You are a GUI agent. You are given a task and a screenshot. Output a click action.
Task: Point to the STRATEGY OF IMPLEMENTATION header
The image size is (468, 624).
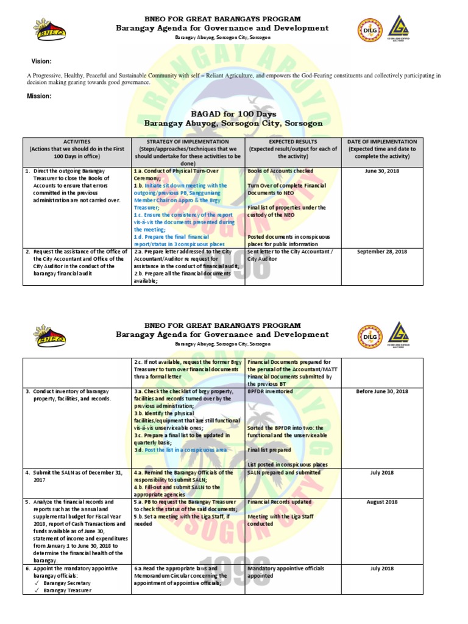(188, 141)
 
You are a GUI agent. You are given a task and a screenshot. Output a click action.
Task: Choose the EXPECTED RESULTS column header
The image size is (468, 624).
(293, 141)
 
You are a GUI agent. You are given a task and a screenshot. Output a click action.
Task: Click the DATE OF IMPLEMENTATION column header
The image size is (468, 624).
(382, 141)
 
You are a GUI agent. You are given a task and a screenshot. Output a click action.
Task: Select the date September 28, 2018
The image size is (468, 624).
(382, 251)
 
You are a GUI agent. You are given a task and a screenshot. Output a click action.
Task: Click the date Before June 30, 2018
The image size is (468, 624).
(382, 391)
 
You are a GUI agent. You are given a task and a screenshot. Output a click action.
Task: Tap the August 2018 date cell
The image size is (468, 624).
(382, 502)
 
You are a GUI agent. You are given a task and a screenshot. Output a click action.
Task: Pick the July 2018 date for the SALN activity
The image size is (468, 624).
(382, 473)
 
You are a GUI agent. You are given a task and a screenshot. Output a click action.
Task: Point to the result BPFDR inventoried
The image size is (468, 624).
(270, 391)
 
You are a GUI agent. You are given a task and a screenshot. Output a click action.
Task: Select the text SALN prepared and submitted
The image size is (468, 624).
(283, 473)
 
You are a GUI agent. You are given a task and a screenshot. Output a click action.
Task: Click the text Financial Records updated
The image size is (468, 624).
(278, 502)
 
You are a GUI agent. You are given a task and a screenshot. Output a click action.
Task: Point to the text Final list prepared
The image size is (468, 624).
(269, 450)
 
